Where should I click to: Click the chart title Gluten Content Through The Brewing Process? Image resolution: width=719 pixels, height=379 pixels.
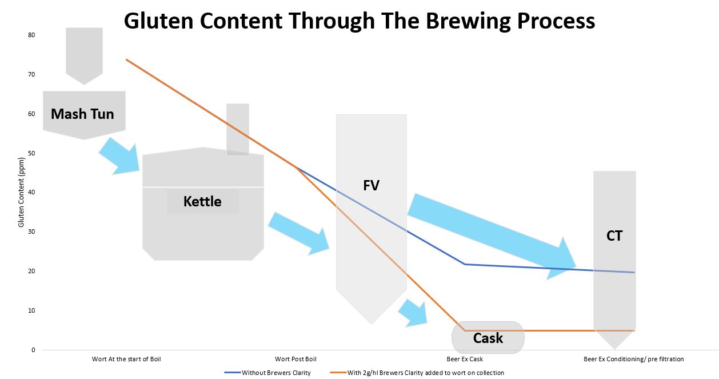pos(359,21)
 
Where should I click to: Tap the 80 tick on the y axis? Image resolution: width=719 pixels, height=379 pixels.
pos(31,35)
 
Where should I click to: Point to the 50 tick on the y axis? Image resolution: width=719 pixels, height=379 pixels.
pos(31,153)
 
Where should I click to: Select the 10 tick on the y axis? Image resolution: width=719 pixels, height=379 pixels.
pos(31,310)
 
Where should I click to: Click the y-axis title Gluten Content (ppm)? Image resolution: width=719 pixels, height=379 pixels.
pos(21,192)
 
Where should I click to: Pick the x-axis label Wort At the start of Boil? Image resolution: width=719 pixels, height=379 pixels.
pos(126,359)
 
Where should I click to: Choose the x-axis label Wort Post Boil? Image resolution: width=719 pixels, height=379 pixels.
pos(295,359)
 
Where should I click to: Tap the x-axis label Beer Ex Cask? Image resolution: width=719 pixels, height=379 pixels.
pos(465,359)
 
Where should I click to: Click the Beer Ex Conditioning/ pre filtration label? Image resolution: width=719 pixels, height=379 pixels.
pos(634,359)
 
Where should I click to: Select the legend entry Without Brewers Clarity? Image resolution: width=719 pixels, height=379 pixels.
pos(276,373)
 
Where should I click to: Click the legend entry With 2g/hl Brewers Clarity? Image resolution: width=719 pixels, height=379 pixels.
pos(426,373)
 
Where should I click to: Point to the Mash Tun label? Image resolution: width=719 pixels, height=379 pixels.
pos(82,114)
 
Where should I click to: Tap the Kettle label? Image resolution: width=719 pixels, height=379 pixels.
pos(202,202)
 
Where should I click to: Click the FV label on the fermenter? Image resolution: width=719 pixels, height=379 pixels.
pos(371,185)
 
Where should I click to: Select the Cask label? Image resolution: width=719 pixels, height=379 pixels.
pos(488,338)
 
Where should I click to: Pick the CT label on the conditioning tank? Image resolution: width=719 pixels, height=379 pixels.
pos(614,236)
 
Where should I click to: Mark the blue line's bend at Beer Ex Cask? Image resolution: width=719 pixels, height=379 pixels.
pos(465,264)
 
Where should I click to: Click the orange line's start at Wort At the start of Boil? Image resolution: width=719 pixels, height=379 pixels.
pos(126,59)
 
